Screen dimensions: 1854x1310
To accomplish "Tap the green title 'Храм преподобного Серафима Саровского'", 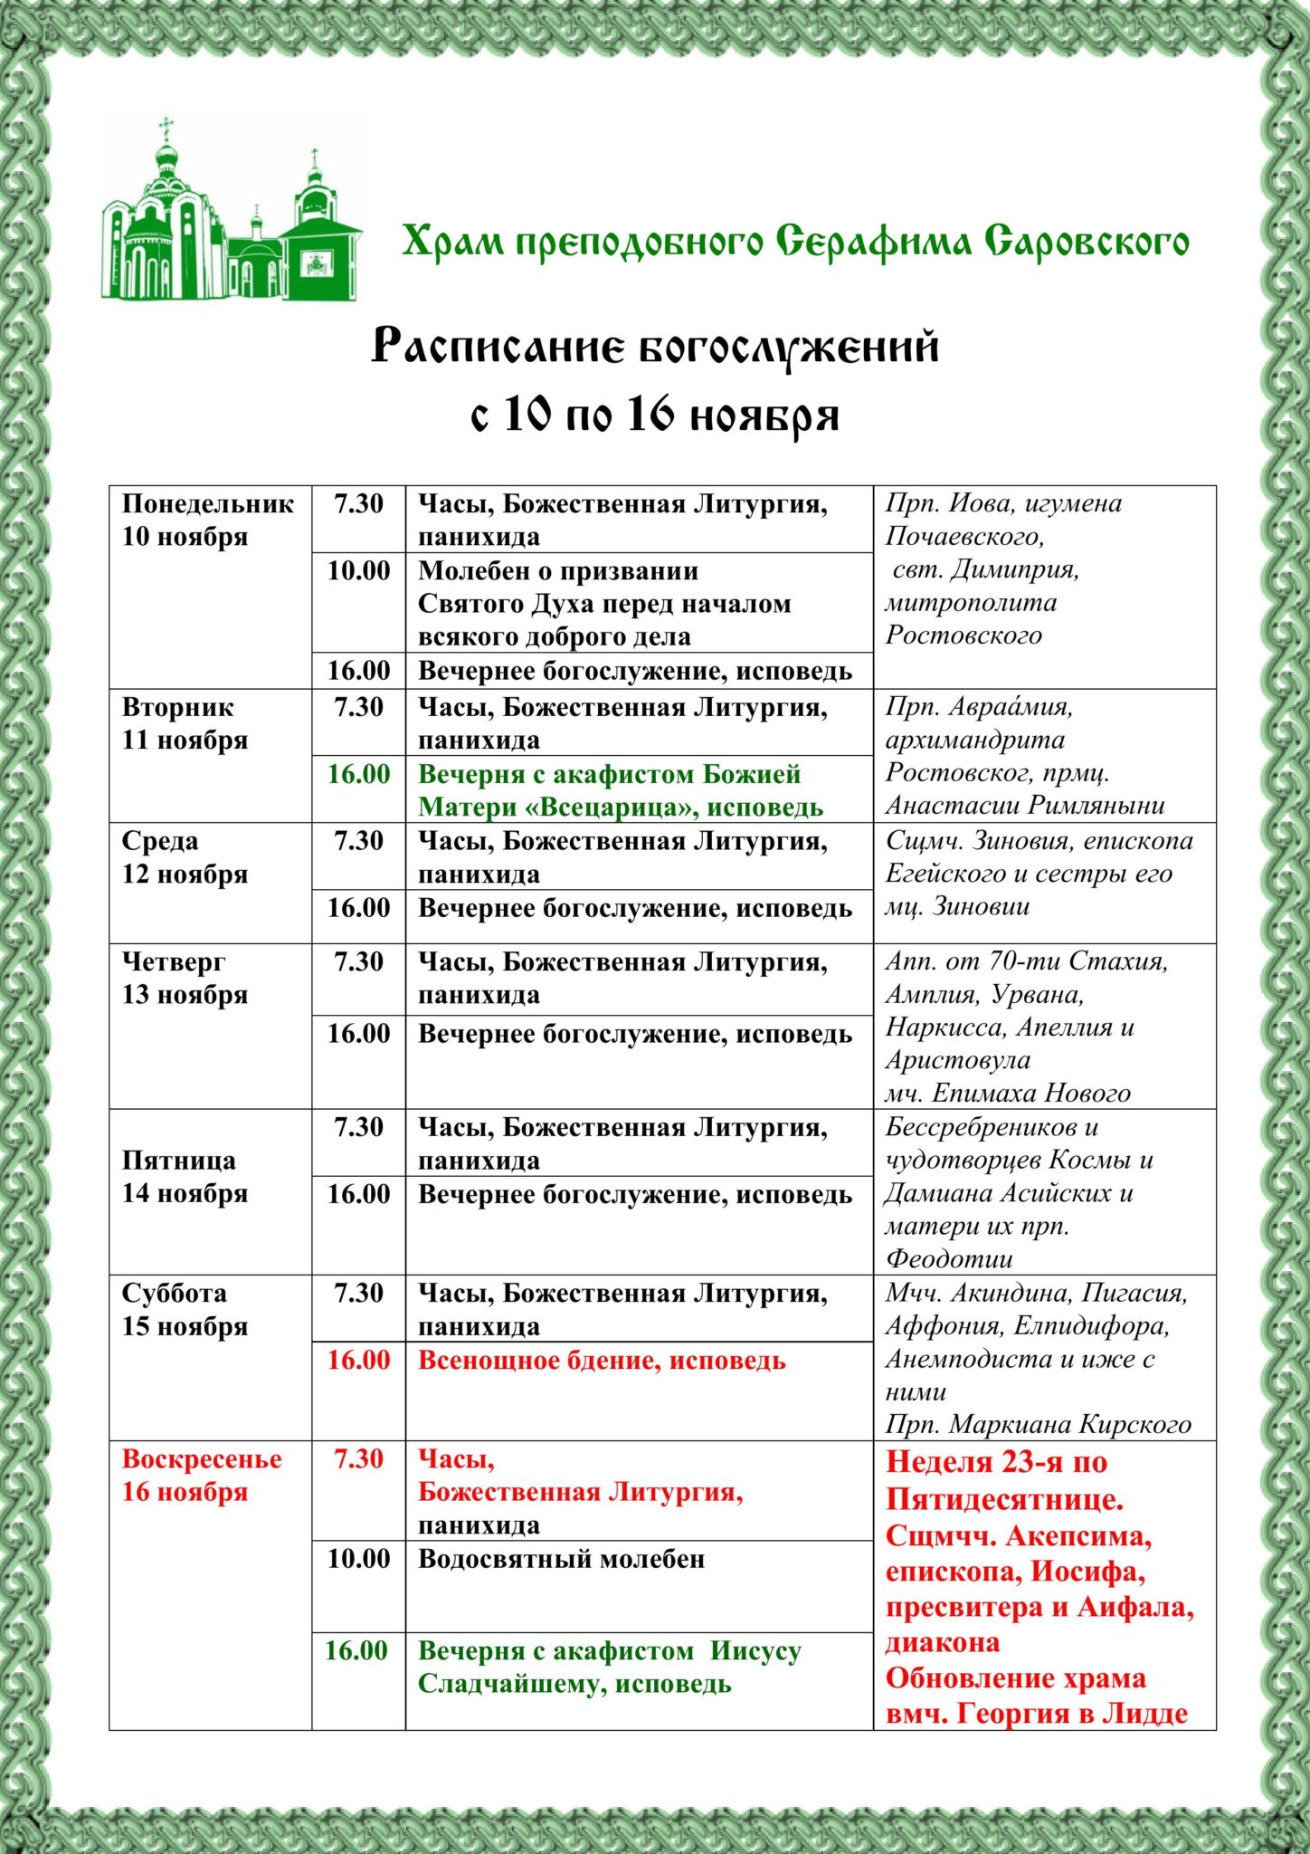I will tap(795, 242).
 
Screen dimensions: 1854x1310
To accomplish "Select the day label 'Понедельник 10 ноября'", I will tap(208, 520).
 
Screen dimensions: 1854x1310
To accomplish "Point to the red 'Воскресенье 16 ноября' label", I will tap(202, 1475).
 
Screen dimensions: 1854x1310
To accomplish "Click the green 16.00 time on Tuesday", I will tap(358, 774).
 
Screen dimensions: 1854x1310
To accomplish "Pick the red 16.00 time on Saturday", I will tap(358, 1360).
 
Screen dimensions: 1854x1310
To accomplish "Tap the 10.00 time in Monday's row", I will tap(358, 570).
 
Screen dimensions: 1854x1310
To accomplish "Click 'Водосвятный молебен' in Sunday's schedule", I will tap(561, 1558).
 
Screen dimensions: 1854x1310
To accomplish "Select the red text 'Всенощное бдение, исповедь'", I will tap(602, 1360).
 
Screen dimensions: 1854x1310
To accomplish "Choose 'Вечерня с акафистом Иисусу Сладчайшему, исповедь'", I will tap(609, 1667).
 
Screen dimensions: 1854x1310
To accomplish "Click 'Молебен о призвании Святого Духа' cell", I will tap(603, 603).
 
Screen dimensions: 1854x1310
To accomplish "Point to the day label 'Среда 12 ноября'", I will tap(185, 857).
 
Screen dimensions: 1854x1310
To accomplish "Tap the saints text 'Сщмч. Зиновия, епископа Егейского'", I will tap(1039, 857).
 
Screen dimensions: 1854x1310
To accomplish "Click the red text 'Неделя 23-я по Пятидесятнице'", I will tap(1004, 1480).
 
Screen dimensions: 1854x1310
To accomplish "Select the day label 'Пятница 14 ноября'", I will tap(185, 1177).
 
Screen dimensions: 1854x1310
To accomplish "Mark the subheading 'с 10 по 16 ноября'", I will tap(654, 416).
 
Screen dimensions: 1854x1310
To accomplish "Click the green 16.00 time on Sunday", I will tap(356, 1649).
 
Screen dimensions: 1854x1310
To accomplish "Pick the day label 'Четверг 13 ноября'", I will tap(185, 978).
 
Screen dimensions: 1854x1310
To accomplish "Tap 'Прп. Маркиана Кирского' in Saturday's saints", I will tap(1038, 1424).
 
